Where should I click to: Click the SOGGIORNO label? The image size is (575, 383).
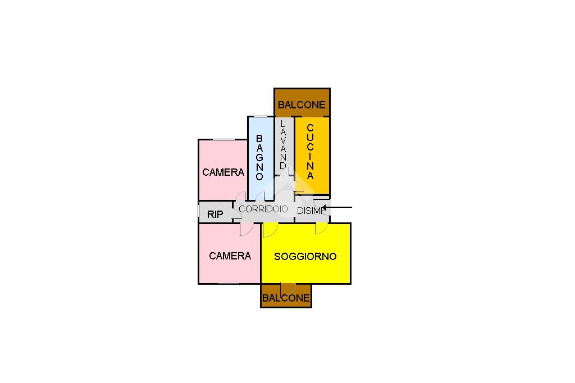pos(305,257)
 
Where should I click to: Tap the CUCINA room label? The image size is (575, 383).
pos(311,152)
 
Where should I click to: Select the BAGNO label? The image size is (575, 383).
pos(259,157)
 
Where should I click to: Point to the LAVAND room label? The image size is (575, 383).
pos(284,145)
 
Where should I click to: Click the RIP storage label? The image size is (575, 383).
pos(215,214)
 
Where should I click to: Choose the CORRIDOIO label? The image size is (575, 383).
pos(263,209)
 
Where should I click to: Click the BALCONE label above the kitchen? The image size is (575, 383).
pos(302,105)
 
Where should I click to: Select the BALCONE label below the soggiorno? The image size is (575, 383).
pos(286,298)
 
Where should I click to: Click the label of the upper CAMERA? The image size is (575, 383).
pos(223,172)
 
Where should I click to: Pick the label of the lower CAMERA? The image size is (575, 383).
pos(230,256)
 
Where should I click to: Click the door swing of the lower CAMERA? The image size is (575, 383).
pos(246,229)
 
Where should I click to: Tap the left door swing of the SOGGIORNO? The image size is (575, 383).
pos(270,229)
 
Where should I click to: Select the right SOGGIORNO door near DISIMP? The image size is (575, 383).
pos(322,227)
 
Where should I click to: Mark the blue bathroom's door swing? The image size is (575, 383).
pos(261,196)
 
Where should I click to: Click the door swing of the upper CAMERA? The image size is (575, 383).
pos(240,196)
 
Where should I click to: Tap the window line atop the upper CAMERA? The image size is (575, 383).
pos(223,139)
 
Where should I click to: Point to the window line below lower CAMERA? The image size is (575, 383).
pos(229,284)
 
